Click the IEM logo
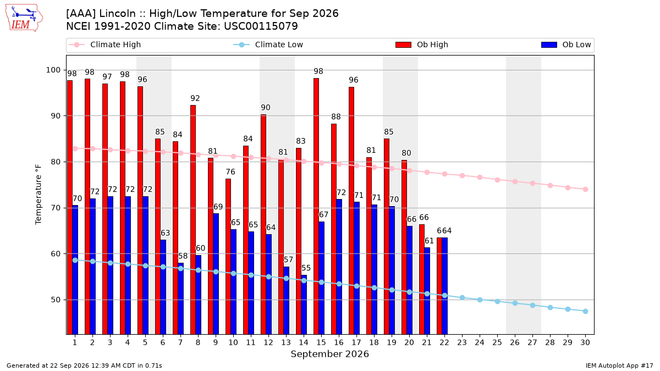coord(24,18)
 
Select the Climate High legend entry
coord(105,45)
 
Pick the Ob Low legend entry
coord(566,45)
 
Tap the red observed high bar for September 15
coord(316,206)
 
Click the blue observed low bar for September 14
coord(304,304)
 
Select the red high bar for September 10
coord(228,257)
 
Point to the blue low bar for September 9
coord(216,274)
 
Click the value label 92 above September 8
coord(195,98)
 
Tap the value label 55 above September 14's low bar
coord(306,268)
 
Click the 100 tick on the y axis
coord(53,70)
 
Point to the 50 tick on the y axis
coord(56,300)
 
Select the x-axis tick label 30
coord(585,342)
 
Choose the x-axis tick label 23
coord(462,342)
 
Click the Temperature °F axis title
coord(38,195)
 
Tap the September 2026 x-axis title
coord(329,354)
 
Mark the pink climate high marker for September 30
coord(585,189)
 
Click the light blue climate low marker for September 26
coord(515,303)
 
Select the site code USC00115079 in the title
coord(261,26)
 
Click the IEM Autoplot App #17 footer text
coord(619,366)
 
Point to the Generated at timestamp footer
coord(84,366)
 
